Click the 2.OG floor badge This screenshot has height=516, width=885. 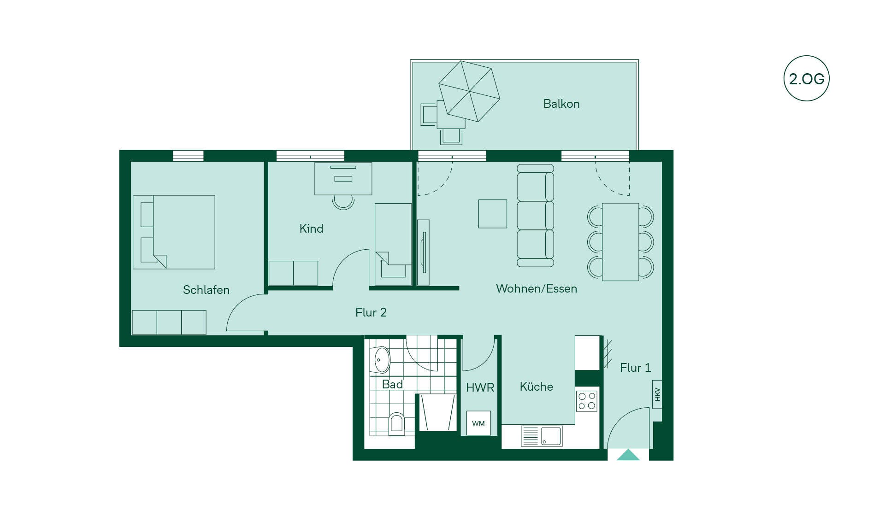click(x=806, y=78)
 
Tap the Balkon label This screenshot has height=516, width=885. click(x=561, y=104)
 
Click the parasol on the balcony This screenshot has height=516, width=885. click(x=469, y=91)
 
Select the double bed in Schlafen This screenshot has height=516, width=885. click(x=174, y=232)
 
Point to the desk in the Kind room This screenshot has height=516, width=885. click(x=343, y=178)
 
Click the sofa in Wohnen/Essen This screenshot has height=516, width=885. click(x=535, y=216)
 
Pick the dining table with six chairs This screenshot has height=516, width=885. click(x=620, y=242)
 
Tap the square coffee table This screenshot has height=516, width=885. click(x=492, y=214)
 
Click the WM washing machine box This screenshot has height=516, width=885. click(x=478, y=423)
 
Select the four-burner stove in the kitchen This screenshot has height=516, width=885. click(x=587, y=401)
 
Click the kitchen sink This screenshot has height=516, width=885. click(x=542, y=436)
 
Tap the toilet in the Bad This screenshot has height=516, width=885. click(x=396, y=424)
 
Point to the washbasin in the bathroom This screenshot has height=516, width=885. click(x=381, y=360)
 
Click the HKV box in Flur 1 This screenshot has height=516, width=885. click(x=657, y=394)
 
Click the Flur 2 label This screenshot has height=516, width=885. click(x=371, y=312)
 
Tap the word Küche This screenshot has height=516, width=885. click(x=536, y=387)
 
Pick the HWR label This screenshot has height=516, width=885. click(x=480, y=387)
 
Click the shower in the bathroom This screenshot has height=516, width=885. click(x=437, y=412)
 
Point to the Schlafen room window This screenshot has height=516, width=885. click(x=188, y=156)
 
